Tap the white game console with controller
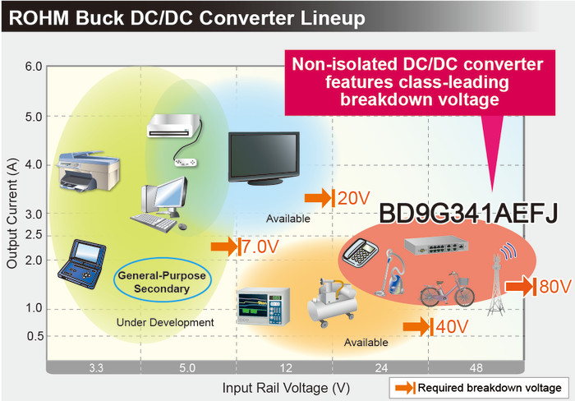coord(173,131)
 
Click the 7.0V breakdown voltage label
coord(258,246)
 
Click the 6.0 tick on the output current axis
coord(33,66)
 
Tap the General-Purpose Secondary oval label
coord(162,282)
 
